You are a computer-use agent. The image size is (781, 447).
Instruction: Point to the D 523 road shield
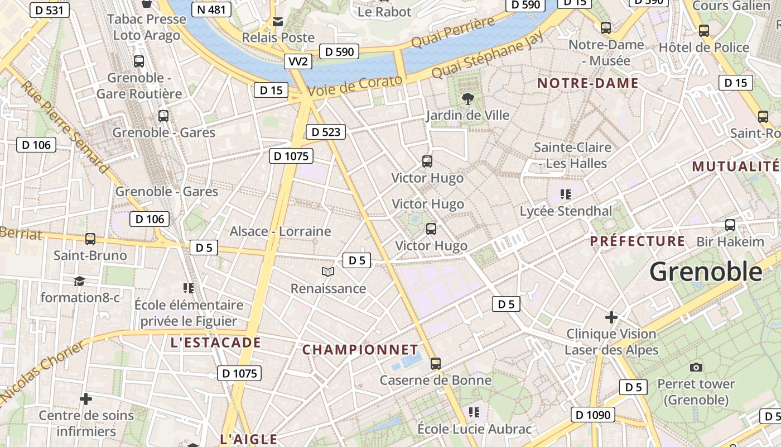point(326,132)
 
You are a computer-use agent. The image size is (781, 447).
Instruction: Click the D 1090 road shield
point(593,415)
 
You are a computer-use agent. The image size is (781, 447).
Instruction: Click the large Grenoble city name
point(706,272)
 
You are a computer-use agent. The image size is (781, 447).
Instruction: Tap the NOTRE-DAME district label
point(587,84)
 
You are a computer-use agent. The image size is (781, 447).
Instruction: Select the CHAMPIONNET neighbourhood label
point(360,350)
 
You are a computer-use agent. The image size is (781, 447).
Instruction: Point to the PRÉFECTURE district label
point(638,241)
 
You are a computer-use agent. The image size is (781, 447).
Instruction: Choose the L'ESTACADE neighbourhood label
point(216,343)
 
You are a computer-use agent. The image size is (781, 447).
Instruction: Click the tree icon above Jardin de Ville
point(467,99)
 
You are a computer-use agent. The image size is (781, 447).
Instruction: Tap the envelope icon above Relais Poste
point(278,22)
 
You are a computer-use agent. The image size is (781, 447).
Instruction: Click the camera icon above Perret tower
point(696,367)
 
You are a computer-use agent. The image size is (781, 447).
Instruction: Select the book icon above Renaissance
point(328,272)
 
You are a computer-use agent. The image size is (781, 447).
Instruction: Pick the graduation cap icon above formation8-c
point(79,281)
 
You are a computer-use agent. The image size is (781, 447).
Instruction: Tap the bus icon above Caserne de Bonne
point(436,364)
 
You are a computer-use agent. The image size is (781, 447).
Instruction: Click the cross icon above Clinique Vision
point(611,317)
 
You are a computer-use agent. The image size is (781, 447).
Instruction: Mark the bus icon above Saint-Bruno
point(90,239)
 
